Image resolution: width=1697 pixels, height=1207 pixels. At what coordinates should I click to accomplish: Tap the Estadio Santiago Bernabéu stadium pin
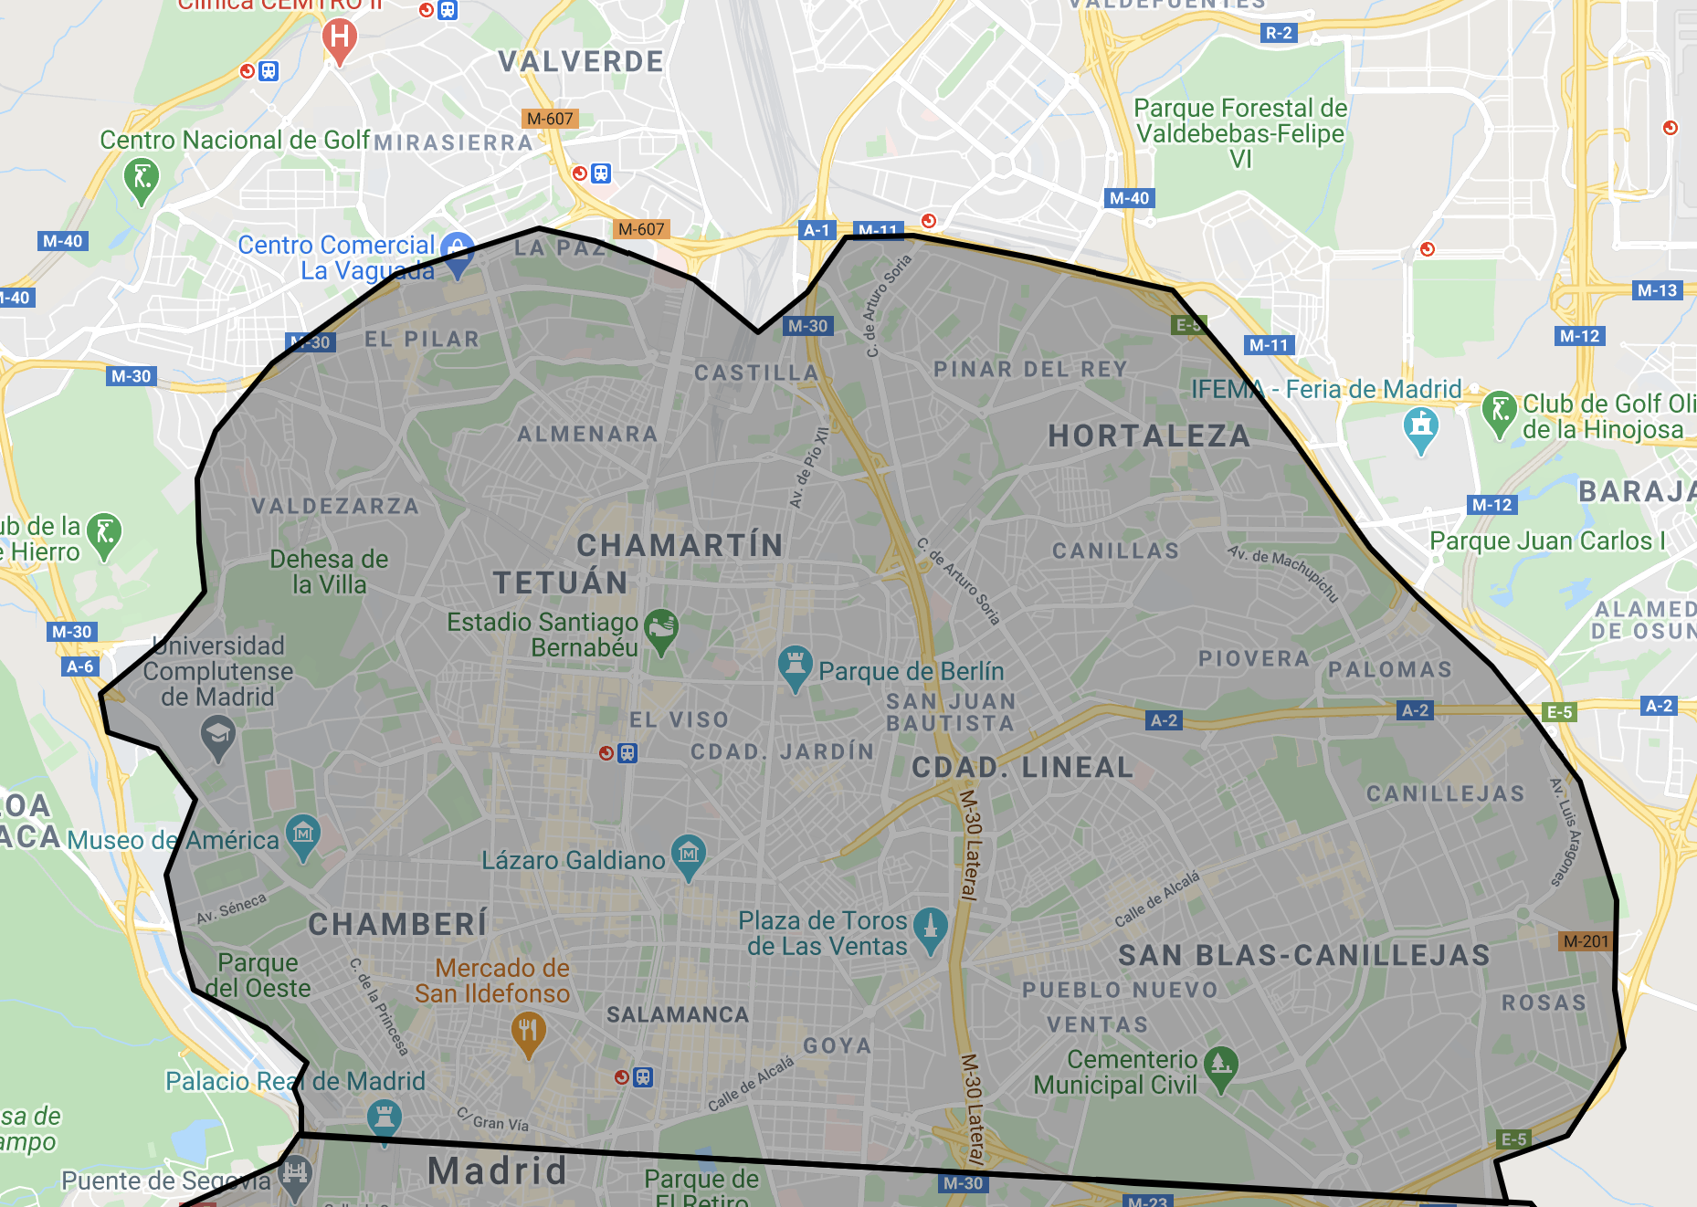661,629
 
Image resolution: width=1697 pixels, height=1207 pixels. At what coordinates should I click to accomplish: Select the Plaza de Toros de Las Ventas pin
930,928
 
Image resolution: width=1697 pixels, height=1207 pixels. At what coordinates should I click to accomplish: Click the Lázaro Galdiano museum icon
689,855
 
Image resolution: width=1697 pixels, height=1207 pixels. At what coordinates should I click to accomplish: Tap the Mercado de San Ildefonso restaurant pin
528,1033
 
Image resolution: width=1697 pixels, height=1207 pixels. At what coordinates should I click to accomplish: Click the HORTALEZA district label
1149,436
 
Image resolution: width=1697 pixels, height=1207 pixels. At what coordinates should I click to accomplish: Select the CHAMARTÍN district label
680,545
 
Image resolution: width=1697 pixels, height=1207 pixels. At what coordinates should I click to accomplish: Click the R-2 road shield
1279,33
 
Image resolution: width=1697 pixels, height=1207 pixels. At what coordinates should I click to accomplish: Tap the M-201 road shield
1586,941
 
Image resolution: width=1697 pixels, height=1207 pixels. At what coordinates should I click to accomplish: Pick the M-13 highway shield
1657,290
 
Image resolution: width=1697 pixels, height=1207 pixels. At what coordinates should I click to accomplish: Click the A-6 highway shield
80,666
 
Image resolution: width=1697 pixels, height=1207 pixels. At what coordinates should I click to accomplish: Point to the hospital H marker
339,39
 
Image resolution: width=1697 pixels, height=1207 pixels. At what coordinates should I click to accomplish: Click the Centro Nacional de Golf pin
141,178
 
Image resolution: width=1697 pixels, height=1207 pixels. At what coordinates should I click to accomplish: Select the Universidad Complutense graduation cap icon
217,736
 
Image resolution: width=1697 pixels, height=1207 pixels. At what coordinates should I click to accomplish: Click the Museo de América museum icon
303,834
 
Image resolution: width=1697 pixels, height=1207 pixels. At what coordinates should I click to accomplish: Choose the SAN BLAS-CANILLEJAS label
1303,956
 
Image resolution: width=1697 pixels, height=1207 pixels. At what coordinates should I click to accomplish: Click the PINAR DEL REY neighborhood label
1030,370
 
